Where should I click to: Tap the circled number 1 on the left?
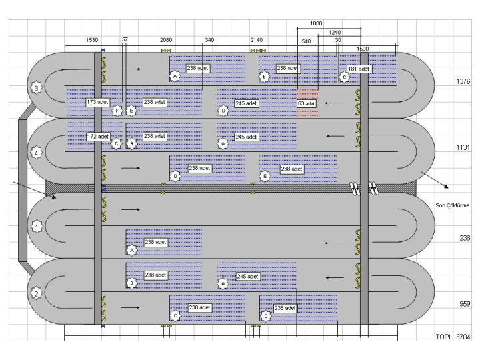click(x=37, y=227)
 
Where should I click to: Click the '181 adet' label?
click(x=359, y=69)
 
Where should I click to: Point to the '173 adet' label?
click(x=97, y=102)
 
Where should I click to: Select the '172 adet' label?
click(x=97, y=136)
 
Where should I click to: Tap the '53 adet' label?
click(x=307, y=103)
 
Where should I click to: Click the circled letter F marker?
click(x=117, y=110)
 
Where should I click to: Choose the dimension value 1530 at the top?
click(x=93, y=40)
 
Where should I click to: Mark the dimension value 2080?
click(x=166, y=40)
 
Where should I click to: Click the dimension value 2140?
click(x=257, y=40)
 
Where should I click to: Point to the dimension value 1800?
click(x=317, y=23)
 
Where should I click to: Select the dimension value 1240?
click(x=334, y=32)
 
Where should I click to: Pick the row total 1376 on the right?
click(x=463, y=81)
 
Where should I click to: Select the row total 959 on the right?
click(x=464, y=304)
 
